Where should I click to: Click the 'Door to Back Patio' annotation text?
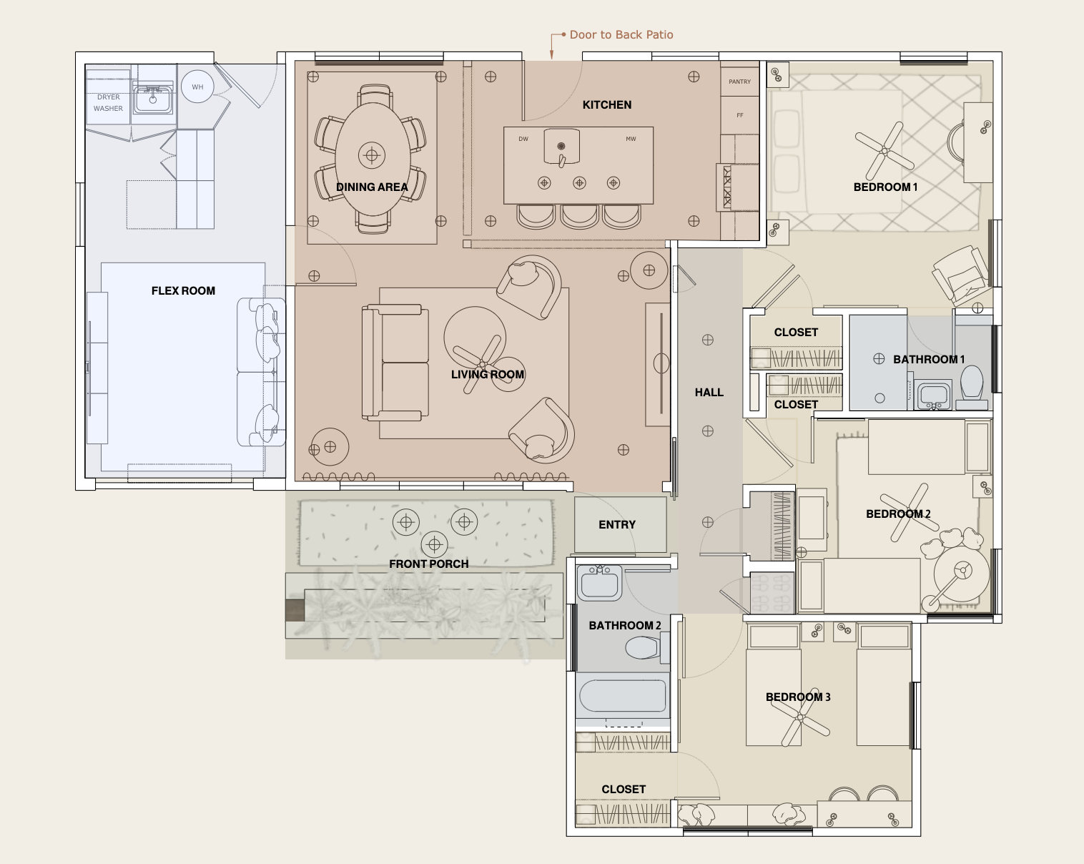click(621, 35)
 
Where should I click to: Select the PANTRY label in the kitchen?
click(739, 82)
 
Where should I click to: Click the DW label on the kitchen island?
click(523, 139)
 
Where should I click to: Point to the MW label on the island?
click(631, 139)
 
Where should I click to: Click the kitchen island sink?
click(561, 146)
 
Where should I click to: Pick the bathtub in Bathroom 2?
click(623, 696)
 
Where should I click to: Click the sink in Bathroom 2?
click(599, 583)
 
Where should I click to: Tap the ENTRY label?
click(617, 525)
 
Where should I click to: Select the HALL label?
click(709, 393)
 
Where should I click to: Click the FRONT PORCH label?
click(428, 564)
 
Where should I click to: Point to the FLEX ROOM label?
click(183, 290)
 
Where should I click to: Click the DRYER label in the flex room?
click(108, 97)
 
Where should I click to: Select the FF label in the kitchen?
click(740, 115)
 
